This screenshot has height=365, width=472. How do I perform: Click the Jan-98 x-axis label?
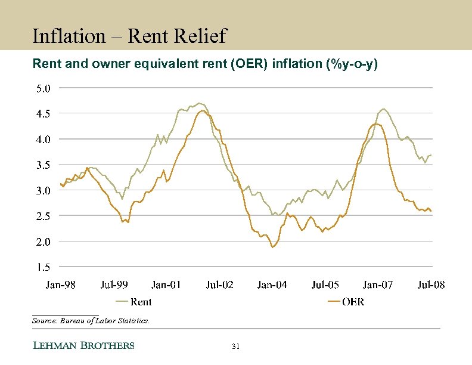tap(61, 285)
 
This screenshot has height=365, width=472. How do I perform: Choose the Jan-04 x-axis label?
tap(272, 285)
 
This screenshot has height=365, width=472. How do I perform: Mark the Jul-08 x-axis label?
tap(430, 285)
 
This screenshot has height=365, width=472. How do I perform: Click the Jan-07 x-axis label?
tap(378, 285)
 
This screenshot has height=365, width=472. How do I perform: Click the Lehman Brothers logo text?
tap(83, 346)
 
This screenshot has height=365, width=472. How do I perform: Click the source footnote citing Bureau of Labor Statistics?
tap(91, 321)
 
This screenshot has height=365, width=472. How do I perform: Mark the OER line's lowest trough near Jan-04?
tap(273, 247)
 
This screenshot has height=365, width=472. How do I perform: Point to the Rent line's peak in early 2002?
tap(198, 103)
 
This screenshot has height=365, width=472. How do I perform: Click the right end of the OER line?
tap(431, 211)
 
